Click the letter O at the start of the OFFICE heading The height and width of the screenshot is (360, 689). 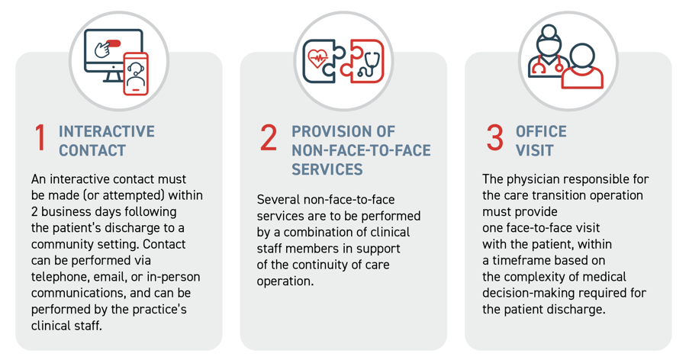(521, 131)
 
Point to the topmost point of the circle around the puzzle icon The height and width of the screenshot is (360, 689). (343, 11)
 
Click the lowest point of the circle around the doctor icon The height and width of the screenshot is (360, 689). (568, 110)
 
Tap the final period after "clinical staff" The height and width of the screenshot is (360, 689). (100, 329)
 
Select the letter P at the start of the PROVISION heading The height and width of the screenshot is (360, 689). (297, 131)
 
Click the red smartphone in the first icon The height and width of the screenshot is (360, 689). (136, 73)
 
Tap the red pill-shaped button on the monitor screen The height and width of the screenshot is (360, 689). (113, 43)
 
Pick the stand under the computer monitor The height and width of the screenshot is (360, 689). (114, 76)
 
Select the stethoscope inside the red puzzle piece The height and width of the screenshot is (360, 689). (369, 65)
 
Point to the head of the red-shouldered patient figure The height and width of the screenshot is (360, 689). (583, 56)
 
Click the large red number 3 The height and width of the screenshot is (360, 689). (495, 138)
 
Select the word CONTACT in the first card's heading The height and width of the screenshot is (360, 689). (92, 150)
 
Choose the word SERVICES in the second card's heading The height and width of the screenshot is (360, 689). (327, 169)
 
